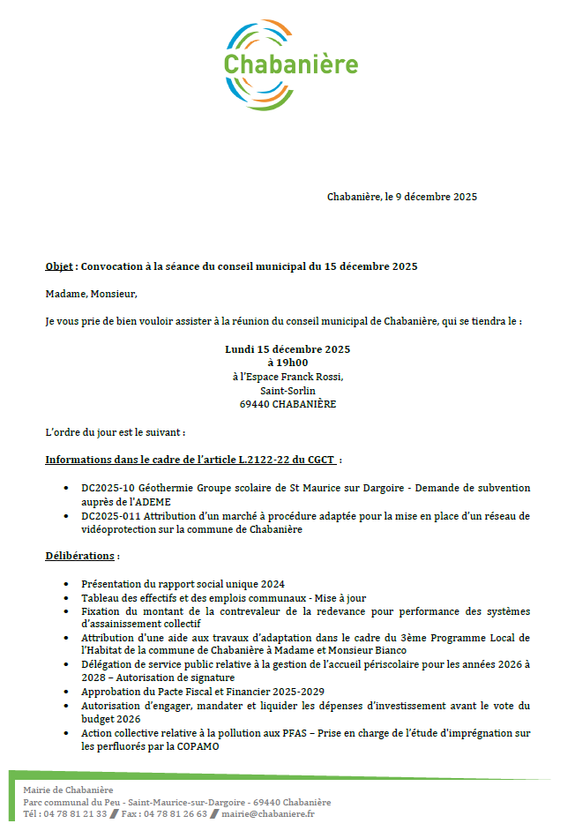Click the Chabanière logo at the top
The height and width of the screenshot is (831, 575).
coord(290,64)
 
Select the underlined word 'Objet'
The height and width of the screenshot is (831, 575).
coord(59,266)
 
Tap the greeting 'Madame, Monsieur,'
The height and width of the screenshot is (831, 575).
coord(92,294)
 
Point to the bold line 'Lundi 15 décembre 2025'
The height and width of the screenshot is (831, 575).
coord(287,349)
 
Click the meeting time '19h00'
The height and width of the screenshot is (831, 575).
coord(293,363)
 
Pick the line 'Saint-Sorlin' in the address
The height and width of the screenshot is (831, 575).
coord(287,391)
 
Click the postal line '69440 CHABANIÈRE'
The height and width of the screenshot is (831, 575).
coord(287,405)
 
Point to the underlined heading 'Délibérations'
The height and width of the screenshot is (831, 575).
coord(79,556)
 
